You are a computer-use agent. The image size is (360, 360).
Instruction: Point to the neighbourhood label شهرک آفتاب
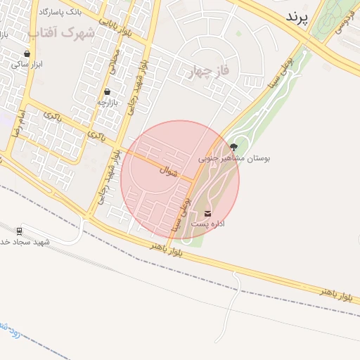pos(61,33)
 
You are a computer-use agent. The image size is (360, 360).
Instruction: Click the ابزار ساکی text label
pos(27,64)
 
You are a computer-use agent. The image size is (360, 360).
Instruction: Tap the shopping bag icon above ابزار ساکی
pos(27,53)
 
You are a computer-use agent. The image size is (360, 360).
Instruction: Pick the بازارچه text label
pos(107,102)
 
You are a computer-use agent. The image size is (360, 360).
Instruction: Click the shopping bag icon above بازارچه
pos(107,91)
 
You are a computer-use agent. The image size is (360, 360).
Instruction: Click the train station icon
pos(19,230)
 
